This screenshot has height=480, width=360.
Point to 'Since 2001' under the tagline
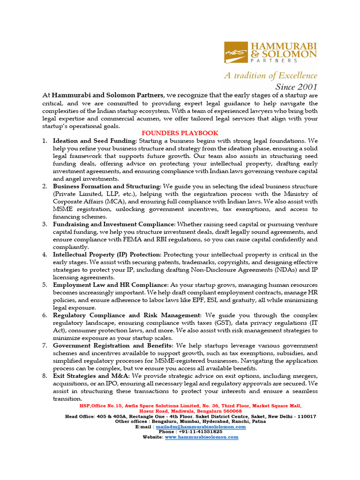[296, 86]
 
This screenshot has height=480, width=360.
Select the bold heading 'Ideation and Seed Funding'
[95, 141]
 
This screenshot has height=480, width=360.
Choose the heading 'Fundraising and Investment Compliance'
[113, 225]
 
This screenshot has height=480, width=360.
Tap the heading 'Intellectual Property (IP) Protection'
[107, 255]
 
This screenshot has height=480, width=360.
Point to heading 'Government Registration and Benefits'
[113, 345]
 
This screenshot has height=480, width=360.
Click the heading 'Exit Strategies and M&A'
[91, 376]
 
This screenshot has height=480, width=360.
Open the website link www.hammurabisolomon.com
[201, 437]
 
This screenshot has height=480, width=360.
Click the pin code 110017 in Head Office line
[306, 416]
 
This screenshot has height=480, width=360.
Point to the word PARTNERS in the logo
[275, 60]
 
